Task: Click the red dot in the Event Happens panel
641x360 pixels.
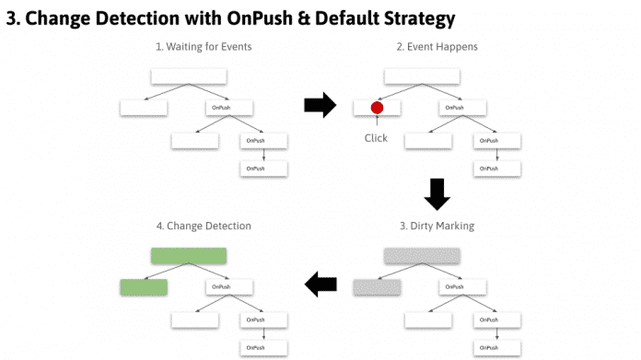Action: (x=377, y=108)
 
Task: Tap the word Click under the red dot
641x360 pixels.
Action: (x=376, y=139)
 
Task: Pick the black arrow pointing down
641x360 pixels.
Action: (x=436, y=193)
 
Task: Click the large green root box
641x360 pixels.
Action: (x=189, y=256)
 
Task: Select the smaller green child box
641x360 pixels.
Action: (x=144, y=287)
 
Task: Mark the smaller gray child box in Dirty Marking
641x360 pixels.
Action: (x=377, y=287)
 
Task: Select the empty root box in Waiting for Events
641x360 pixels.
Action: (x=189, y=75)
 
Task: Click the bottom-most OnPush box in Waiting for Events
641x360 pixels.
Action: (x=263, y=168)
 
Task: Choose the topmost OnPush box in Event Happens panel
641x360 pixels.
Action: (x=455, y=108)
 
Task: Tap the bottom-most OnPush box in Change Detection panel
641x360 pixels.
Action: (x=263, y=347)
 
